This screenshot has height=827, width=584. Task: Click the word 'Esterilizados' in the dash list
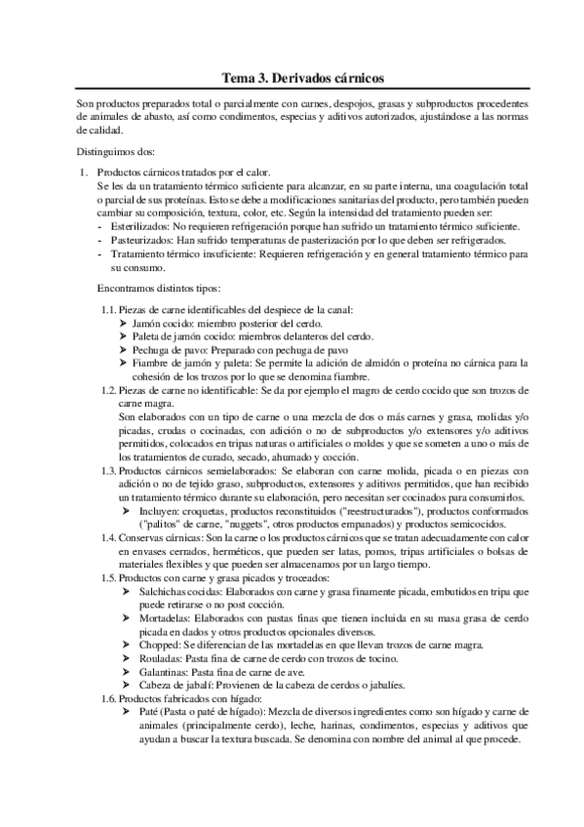142,226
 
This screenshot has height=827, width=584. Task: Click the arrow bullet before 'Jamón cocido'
123,323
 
